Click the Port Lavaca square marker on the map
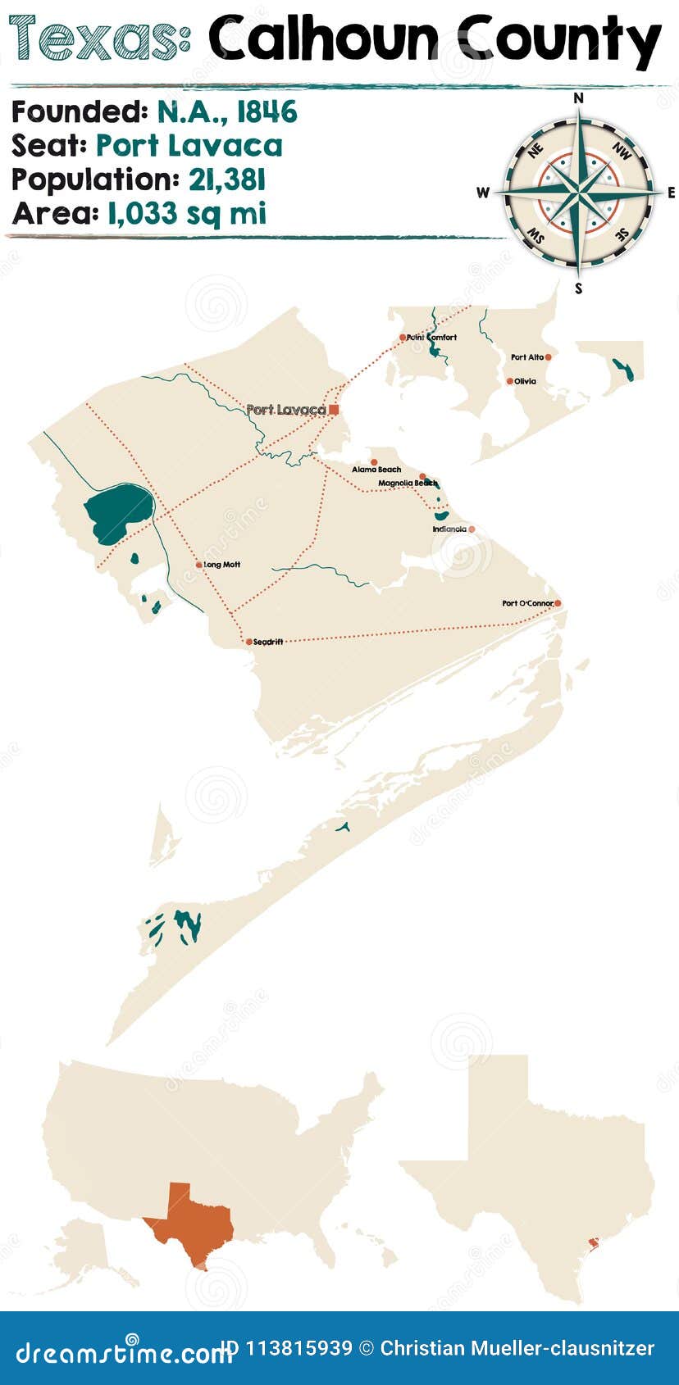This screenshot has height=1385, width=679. pyautogui.click(x=334, y=409)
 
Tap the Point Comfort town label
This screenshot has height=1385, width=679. pyautogui.click(x=432, y=337)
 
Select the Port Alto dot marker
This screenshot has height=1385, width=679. pyautogui.click(x=548, y=357)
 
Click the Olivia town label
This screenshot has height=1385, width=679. pyautogui.click(x=525, y=381)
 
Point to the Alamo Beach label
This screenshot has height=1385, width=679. pyautogui.click(x=376, y=470)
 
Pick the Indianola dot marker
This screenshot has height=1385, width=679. pyautogui.click(x=472, y=529)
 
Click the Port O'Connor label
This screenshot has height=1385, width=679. pyautogui.click(x=527, y=603)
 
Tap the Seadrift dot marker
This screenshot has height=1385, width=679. pyautogui.click(x=248, y=642)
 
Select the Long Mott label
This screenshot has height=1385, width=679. pyautogui.click(x=221, y=565)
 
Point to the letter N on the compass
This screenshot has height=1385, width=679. pyautogui.click(x=578, y=98)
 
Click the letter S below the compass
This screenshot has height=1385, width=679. pyautogui.click(x=578, y=288)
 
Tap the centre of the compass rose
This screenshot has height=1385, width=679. pyautogui.click(x=579, y=193)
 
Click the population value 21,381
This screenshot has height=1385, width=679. pyautogui.click(x=227, y=180)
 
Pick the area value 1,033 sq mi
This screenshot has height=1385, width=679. pyautogui.click(x=186, y=214)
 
